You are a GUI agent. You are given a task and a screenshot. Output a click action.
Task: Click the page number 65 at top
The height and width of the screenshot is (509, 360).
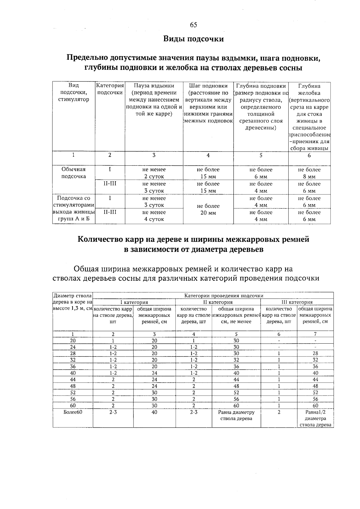tap(193, 25)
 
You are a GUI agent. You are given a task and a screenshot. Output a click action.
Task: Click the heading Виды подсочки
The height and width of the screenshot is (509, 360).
tap(193, 39)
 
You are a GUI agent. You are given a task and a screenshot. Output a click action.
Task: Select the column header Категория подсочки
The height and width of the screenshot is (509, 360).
tap(110, 89)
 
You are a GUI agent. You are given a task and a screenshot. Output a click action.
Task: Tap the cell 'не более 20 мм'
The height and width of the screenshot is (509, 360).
tap(208, 209)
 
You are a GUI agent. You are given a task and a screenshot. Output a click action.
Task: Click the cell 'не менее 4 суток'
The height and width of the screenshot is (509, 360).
tap(154, 216)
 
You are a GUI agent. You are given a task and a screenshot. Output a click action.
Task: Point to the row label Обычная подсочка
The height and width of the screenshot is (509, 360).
tap(73, 173)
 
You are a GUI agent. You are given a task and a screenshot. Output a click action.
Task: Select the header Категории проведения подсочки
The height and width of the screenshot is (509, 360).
tap(223, 296)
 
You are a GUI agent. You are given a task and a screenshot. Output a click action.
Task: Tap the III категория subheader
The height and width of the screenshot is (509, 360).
tap(297, 302)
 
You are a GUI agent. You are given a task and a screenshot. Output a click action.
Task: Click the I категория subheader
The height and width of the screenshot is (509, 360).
tap(134, 302)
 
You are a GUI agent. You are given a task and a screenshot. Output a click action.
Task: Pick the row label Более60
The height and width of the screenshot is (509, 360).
tap(73, 412)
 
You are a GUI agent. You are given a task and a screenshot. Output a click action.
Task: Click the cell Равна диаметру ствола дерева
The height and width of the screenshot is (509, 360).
tap(236, 415)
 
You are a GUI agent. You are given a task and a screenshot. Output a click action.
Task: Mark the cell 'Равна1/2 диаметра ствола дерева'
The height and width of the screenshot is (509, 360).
tap(315, 418)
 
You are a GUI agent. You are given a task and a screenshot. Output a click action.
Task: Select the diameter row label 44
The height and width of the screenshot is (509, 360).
tap(73, 380)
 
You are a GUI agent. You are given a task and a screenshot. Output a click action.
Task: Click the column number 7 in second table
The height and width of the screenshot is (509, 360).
tap(315, 334)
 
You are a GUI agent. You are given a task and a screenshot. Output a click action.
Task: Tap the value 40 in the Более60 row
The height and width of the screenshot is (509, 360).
tap(154, 412)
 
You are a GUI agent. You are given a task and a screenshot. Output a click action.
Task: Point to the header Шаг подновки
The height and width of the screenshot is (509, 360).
tap(208, 86)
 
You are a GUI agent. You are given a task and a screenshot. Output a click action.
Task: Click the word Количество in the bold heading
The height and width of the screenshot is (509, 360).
tap(98, 239)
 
